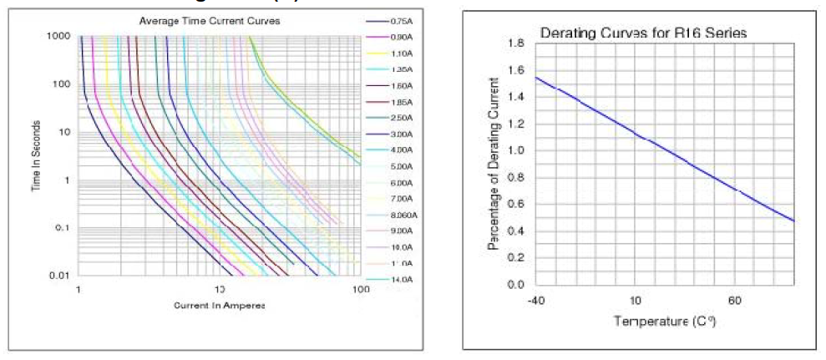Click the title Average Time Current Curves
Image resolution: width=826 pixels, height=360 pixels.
click(x=209, y=20)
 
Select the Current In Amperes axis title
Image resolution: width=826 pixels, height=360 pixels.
click(x=219, y=306)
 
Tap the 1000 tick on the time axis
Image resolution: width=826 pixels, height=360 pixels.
click(x=58, y=36)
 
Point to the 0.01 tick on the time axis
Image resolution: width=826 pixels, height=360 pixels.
click(x=60, y=276)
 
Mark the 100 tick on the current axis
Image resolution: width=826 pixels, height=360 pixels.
click(x=358, y=289)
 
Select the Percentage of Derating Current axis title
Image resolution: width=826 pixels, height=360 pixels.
click(x=492, y=164)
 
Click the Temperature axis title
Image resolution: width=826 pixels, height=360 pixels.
click(x=666, y=321)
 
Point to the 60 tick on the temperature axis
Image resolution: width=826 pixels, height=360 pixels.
click(x=735, y=300)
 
